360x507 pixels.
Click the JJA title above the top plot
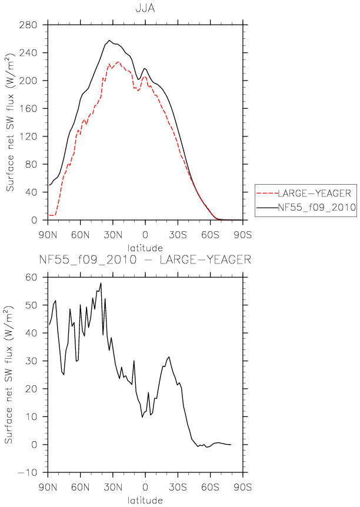point(145,8)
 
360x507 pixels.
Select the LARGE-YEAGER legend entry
point(314,194)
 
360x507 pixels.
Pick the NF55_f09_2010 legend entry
point(317,207)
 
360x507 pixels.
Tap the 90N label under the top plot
point(48,235)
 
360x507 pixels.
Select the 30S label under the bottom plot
point(178,487)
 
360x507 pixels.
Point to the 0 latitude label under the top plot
point(145,235)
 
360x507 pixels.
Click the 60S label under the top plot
point(210,235)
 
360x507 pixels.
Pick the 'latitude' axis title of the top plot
point(145,248)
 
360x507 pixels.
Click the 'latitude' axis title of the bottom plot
point(145,500)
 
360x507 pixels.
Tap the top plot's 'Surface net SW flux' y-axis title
point(10,122)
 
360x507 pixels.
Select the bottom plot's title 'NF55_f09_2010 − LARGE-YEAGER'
point(145,259)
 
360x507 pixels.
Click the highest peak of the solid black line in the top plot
point(109,41)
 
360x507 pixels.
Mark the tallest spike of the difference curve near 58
point(101,283)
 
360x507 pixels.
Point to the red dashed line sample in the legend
point(267,194)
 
